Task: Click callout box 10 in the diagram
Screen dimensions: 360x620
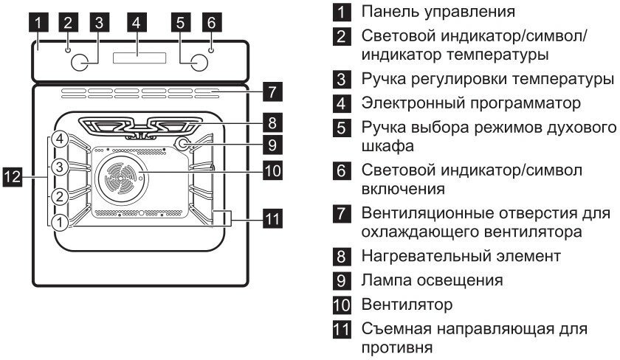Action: point(272,170)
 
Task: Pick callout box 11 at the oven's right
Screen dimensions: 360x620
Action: point(272,218)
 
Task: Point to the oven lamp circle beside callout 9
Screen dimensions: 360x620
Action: point(182,144)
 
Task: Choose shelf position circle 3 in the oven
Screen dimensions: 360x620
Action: point(61,167)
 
